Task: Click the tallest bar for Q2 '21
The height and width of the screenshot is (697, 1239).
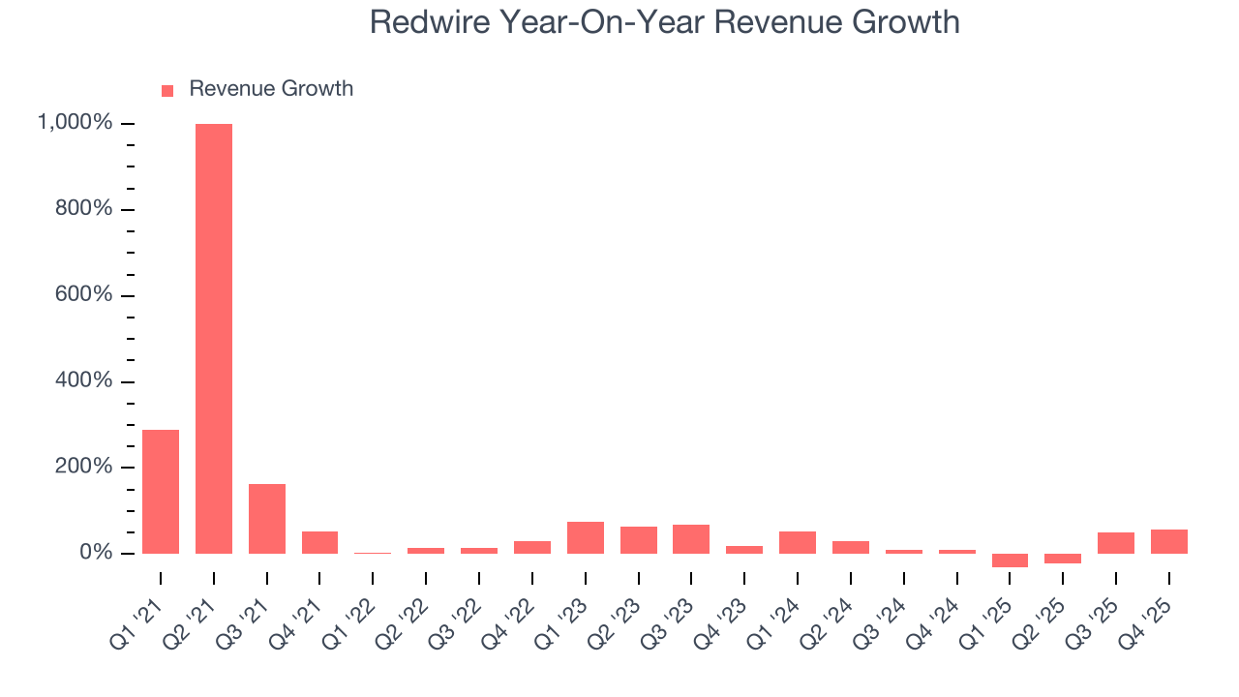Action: [214, 339]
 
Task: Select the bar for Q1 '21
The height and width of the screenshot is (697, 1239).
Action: [161, 492]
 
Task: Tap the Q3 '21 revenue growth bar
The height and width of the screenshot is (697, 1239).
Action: [267, 519]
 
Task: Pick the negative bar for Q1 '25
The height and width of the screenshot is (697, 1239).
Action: [1010, 561]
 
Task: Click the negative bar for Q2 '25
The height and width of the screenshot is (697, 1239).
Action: [1063, 559]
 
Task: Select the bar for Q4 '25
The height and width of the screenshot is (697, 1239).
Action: [1169, 542]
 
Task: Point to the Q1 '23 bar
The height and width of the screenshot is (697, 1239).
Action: [586, 538]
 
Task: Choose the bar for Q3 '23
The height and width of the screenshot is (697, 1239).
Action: [691, 539]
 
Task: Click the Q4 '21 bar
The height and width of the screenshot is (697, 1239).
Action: [319, 543]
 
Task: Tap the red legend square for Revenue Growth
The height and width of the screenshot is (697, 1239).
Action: [167, 90]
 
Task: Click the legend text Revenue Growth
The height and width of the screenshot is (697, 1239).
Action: [271, 89]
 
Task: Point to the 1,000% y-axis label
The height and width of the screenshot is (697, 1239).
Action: [75, 123]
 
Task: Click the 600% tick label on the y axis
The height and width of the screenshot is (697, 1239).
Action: [83, 295]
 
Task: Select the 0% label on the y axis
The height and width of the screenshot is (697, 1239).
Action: [97, 553]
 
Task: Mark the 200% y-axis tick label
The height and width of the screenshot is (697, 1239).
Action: [83, 467]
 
